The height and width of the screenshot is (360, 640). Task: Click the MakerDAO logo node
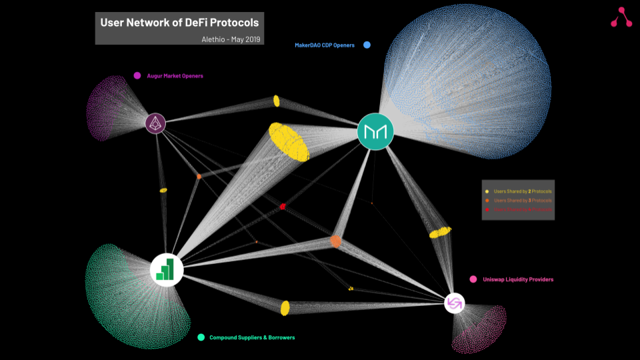point(375,131)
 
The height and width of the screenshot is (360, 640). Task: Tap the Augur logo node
point(155,123)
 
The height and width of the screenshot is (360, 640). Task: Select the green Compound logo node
point(166,269)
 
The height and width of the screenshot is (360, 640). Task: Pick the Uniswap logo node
point(454,304)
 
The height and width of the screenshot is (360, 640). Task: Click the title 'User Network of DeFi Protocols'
point(179,23)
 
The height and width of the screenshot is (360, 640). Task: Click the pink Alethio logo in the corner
point(621,17)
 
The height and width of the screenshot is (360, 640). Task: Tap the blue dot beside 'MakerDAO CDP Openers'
point(367,45)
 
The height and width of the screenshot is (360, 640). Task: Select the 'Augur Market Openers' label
point(175,76)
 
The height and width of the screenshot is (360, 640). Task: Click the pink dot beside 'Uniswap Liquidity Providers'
point(473,279)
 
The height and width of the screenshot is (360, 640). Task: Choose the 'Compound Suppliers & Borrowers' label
point(252,338)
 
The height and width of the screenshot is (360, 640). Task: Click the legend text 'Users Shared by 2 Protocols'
point(523,191)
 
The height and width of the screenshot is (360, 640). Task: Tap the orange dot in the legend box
point(488,201)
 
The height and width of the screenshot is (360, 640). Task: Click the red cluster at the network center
point(283,207)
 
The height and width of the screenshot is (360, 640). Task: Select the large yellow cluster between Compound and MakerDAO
point(289,141)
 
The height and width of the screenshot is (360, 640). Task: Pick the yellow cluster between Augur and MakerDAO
point(276,101)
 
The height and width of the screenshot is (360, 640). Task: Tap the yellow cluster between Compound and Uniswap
point(285,307)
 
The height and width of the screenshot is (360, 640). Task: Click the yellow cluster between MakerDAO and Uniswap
point(440,232)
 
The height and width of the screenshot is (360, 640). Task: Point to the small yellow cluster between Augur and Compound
point(163,190)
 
